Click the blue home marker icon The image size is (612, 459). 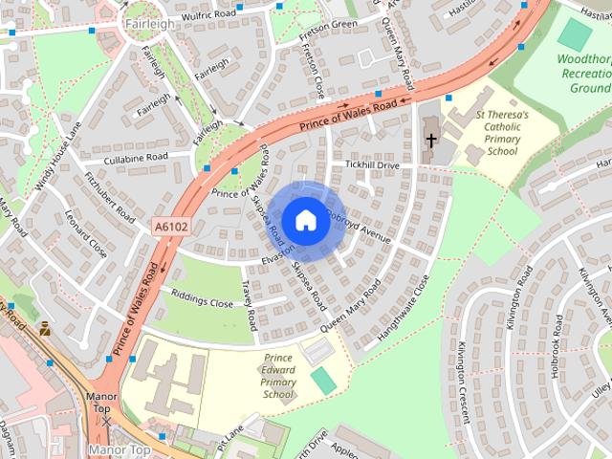(305, 220)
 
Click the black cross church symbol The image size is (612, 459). (430, 141)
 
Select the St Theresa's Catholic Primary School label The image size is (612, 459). (502, 134)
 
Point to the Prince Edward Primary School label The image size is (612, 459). (278, 376)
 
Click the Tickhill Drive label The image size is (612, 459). (374, 165)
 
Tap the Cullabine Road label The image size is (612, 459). (136, 157)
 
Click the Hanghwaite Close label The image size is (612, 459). (404, 309)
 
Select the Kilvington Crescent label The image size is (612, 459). (464, 382)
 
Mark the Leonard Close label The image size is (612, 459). (86, 235)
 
